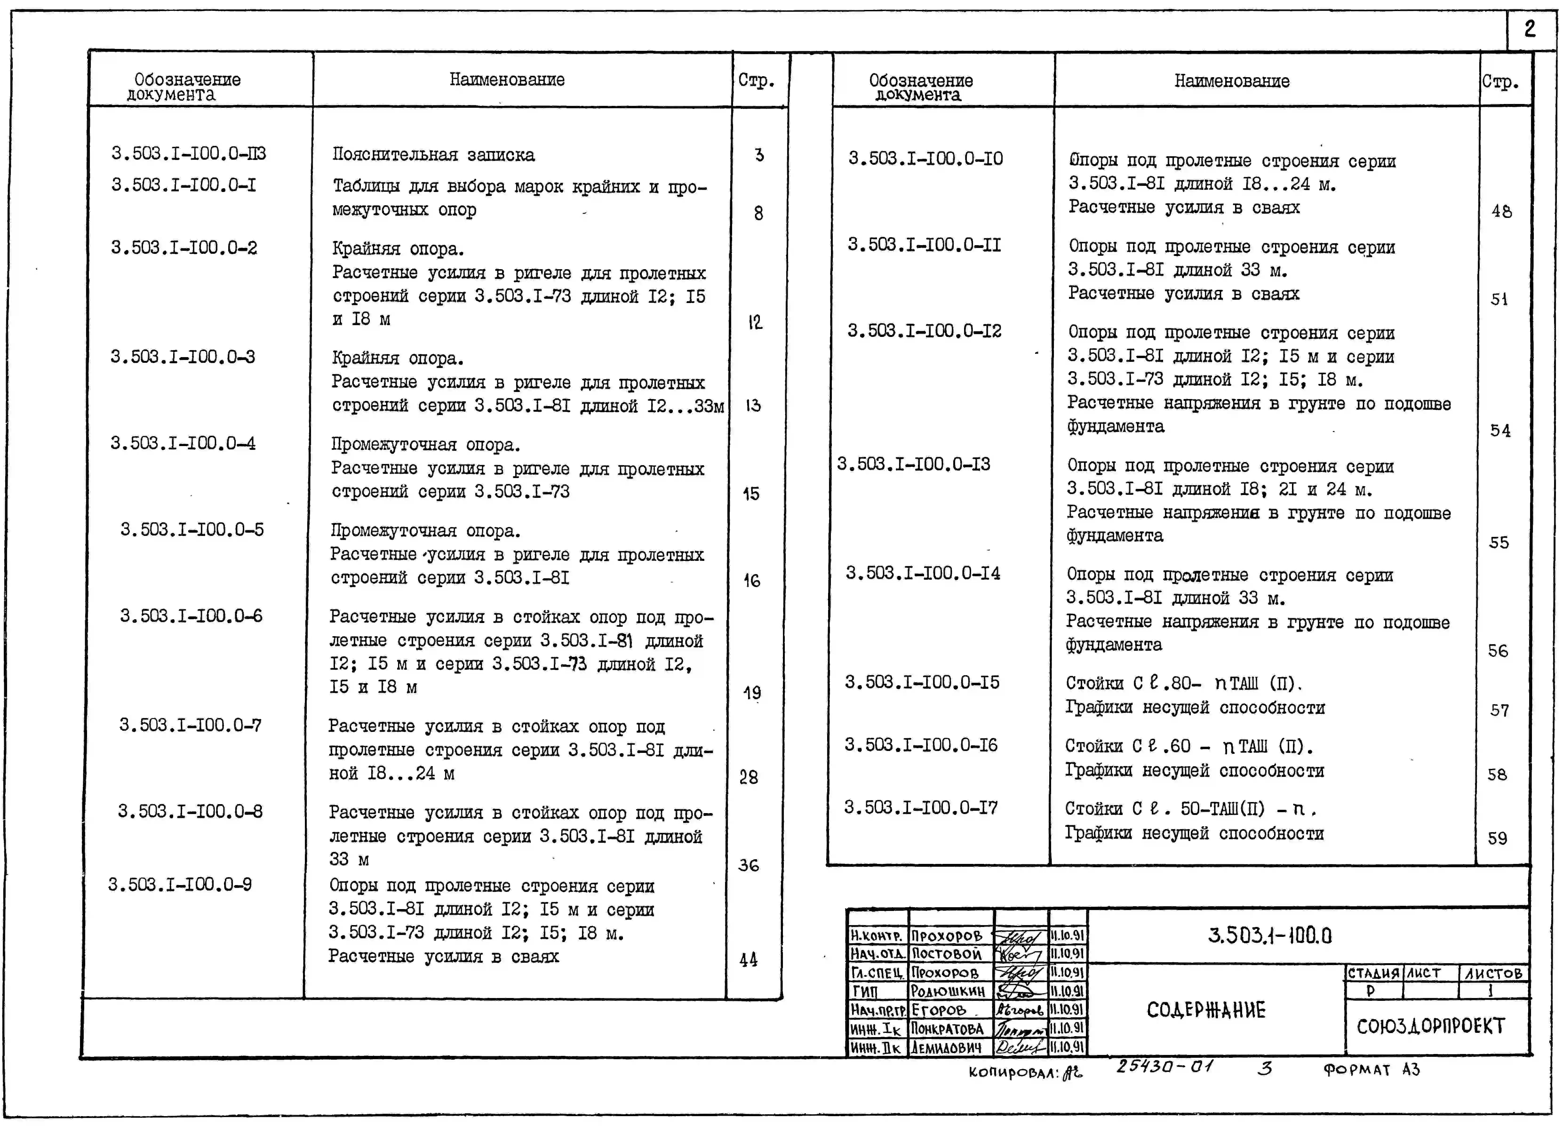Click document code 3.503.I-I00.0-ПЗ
[188, 153]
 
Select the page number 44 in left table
[749, 959]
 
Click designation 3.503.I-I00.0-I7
[921, 808]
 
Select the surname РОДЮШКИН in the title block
[947, 991]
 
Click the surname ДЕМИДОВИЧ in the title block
[947, 1047]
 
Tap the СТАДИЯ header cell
[1373, 973]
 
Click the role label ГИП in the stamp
[865, 991]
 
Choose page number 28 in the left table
[749, 777]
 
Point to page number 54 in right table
[1500, 431]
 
